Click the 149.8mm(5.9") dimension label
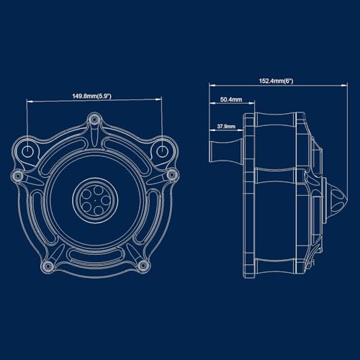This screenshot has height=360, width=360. tap(92, 96)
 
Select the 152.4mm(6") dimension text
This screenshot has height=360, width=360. tap(276, 81)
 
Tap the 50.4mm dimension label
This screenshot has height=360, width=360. tap(231, 99)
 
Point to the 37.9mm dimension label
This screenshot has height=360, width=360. tap(226, 126)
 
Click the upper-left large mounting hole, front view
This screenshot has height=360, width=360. tap(28, 151)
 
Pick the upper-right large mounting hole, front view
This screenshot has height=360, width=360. tap(163, 151)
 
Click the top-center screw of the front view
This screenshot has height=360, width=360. tap(94, 120)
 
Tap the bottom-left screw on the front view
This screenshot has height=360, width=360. tap(48, 266)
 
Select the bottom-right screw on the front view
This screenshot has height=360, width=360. tap(143, 265)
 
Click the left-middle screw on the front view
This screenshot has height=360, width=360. tap(17, 176)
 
